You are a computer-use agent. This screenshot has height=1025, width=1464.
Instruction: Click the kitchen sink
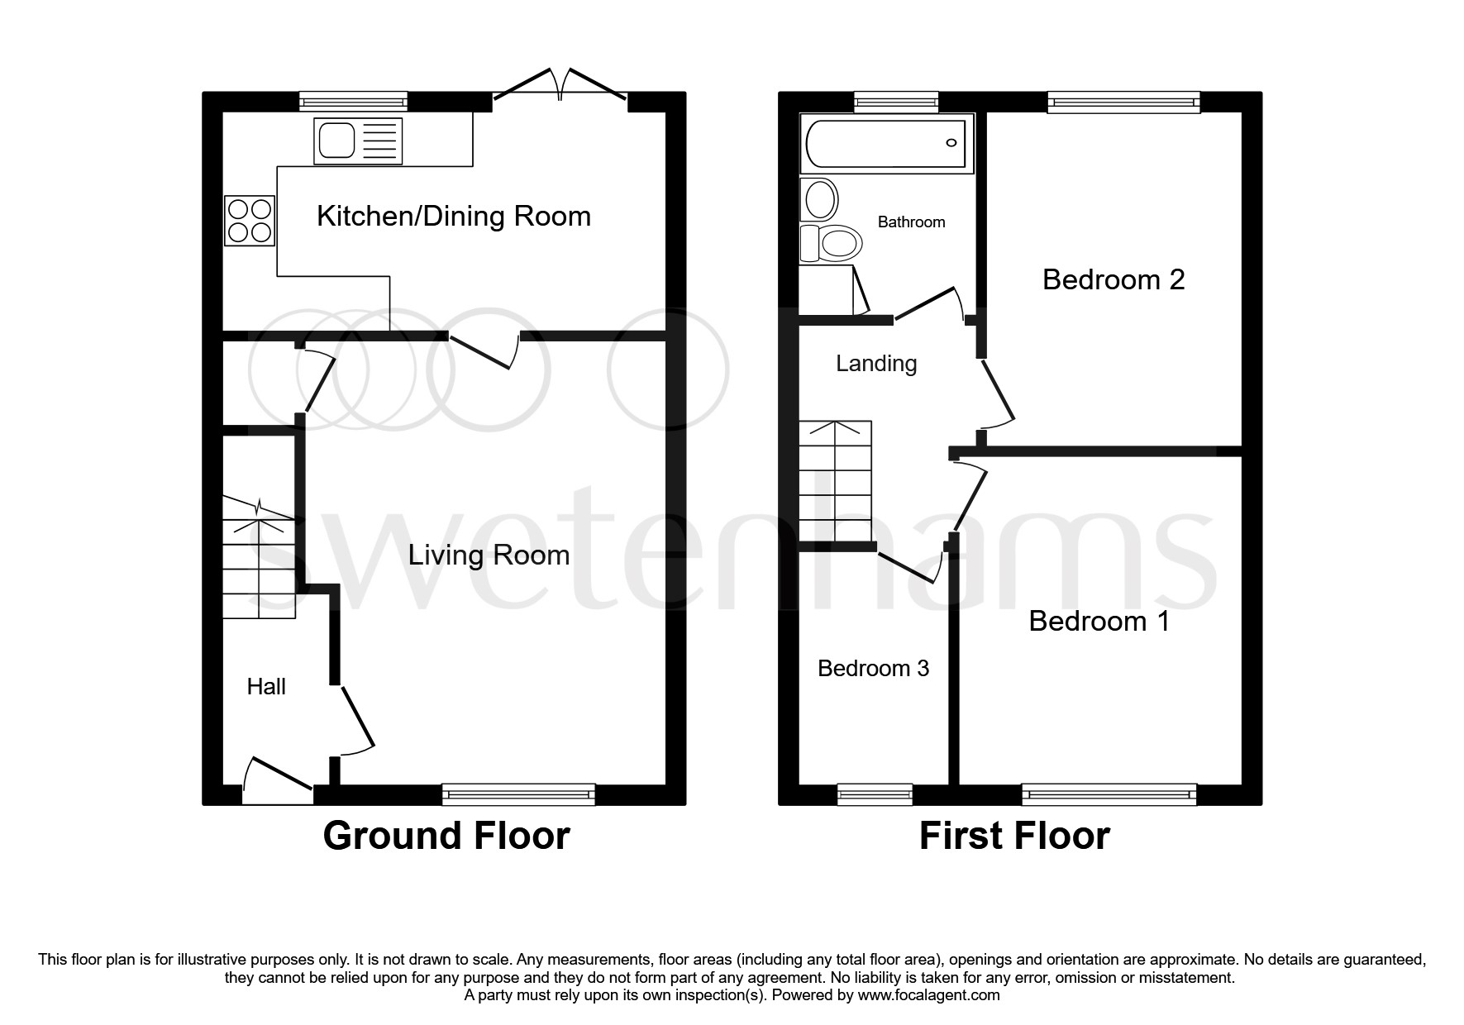click(357, 141)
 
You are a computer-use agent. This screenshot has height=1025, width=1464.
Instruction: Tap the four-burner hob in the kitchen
click(249, 220)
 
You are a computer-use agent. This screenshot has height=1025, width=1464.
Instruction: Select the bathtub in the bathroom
click(886, 144)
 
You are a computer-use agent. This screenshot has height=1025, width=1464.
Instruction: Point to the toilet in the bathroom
click(833, 243)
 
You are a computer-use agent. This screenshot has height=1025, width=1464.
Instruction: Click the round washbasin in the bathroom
click(819, 199)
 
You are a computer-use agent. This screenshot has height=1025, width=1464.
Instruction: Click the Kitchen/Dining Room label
click(454, 217)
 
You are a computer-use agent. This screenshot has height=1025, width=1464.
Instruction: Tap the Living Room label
click(489, 555)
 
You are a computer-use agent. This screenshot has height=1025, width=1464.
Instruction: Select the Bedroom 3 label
click(873, 668)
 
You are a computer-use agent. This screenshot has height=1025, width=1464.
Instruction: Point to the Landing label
click(875, 364)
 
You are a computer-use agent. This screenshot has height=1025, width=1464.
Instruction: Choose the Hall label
click(266, 686)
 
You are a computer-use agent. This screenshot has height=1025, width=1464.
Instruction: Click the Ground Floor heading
click(446, 836)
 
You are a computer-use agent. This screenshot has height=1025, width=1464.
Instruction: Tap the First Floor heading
click(1013, 836)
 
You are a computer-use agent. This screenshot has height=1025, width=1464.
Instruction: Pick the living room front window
click(518, 794)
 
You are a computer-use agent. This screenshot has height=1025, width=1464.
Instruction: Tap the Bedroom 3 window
click(875, 794)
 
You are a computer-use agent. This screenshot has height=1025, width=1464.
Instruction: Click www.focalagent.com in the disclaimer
click(928, 995)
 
